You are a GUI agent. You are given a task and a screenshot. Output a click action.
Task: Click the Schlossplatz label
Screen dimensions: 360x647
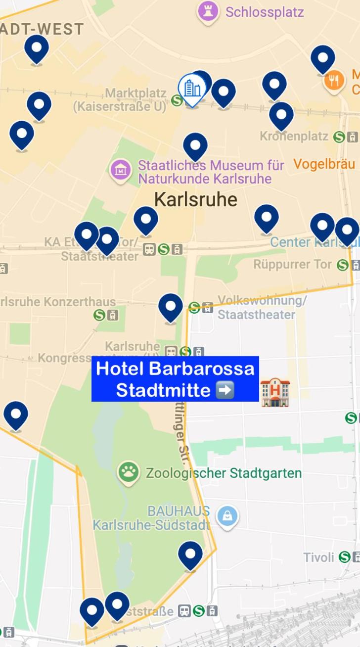point(265,12)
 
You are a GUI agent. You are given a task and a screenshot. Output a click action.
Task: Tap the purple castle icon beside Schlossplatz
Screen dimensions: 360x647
point(208,11)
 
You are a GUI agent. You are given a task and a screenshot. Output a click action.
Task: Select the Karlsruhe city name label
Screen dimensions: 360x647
point(196,199)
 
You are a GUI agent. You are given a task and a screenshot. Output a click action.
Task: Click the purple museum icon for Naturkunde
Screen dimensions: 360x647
point(121,171)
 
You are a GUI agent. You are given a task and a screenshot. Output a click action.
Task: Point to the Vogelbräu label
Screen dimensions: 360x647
point(324,164)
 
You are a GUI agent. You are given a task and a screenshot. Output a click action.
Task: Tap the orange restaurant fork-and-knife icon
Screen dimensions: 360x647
point(334,80)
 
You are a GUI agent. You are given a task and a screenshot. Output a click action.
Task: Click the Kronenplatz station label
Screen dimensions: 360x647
point(294,136)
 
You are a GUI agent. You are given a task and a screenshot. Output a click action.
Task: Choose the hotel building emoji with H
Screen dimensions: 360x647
point(275,392)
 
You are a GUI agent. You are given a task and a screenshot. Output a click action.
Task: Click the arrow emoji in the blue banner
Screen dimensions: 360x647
point(225,390)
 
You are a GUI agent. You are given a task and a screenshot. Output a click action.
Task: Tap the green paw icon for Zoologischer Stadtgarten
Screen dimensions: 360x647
point(129,473)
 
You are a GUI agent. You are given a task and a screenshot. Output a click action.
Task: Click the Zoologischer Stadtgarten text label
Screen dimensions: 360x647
point(224,473)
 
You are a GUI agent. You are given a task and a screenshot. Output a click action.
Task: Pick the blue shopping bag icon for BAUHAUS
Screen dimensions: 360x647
point(227,517)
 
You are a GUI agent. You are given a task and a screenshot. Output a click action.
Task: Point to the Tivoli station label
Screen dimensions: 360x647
point(319,557)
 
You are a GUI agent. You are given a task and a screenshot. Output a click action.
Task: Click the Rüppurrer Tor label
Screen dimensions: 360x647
point(293,265)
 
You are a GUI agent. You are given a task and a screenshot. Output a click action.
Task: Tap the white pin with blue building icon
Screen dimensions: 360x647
point(191,89)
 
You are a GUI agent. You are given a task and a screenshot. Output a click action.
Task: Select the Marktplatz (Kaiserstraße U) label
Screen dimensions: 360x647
point(120,99)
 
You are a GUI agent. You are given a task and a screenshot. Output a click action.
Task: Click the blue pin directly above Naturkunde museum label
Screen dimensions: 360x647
point(195,145)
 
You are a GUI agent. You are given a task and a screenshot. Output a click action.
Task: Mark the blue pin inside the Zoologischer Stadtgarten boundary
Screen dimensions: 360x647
point(190,555)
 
